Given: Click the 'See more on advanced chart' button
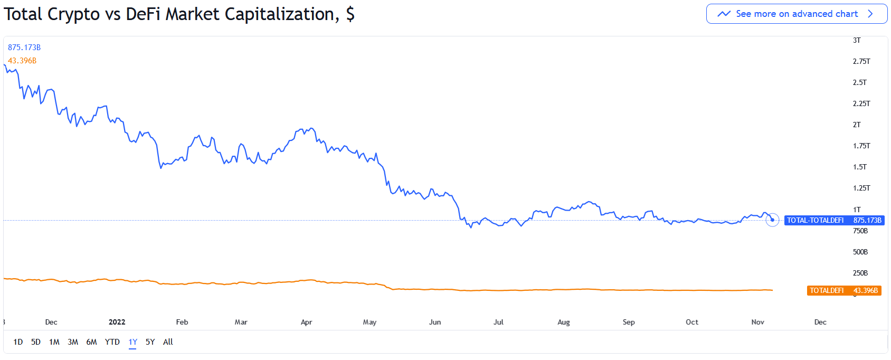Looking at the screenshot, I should tap(797, 14).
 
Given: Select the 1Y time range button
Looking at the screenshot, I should tap(132, 342).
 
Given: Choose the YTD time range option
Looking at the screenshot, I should tap(112, 342).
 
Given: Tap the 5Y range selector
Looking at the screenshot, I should tap(150, 342).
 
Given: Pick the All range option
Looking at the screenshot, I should tap(168, 342).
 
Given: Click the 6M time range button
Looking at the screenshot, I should tap(91, 342).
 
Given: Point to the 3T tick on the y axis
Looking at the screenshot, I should tap(857, 41).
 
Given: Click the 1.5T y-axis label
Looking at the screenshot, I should tap(859, 167).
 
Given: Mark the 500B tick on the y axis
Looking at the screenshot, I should tap(860, 252).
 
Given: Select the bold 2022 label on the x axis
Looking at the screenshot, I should tap(117, 322).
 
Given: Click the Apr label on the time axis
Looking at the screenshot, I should tap(306, 322).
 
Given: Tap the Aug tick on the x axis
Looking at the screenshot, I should tap(563, 322).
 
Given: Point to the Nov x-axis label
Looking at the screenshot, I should tap(757, 322).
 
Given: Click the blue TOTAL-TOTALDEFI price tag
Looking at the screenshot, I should tap(834, 221).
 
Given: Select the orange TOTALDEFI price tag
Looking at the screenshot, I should tap(843, 291).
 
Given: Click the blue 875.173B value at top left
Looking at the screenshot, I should tap(24, 48).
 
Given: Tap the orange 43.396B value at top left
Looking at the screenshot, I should tap(22, 61).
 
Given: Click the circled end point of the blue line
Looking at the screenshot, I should tap(772, 220).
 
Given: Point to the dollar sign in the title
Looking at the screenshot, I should tap(350, 14).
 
